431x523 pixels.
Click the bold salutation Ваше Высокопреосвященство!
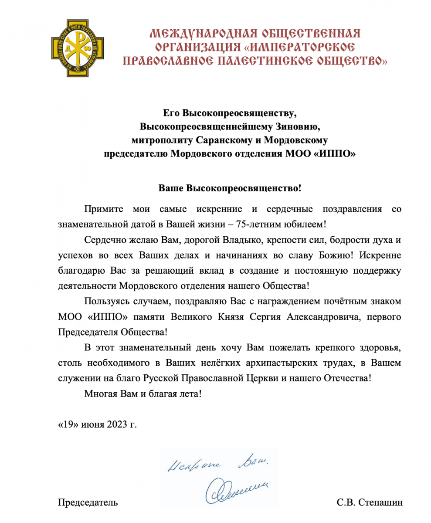[230, 189]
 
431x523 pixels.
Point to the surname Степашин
[381, 503]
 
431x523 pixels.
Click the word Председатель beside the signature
[88, 503]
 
